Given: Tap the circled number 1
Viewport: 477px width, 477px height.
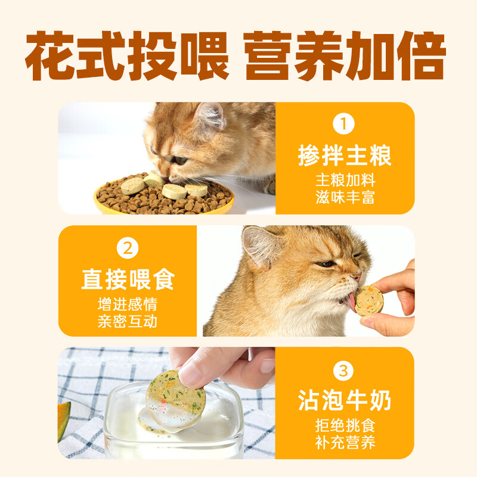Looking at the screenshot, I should coord(344,125).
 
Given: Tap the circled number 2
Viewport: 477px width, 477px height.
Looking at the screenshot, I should coord(127,249).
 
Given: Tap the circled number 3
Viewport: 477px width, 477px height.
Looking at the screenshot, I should coord(344,370).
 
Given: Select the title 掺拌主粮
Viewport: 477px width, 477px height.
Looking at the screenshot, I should coord(344,156).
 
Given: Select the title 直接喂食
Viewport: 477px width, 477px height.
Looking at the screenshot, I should coord(127,279).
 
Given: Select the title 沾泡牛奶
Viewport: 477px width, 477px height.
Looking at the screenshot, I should coord(344,401).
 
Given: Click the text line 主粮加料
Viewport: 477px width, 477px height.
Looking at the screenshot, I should coord(344,181).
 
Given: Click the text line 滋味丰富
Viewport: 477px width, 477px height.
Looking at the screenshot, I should coord(344,197).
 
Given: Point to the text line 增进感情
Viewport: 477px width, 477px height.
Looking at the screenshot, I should coord(127,304).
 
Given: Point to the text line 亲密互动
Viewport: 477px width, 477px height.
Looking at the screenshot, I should coord(127,321).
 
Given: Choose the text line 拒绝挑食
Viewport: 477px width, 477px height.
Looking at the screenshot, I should coord(344,426).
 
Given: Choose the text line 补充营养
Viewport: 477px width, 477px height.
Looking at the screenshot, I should coord(344,443).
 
